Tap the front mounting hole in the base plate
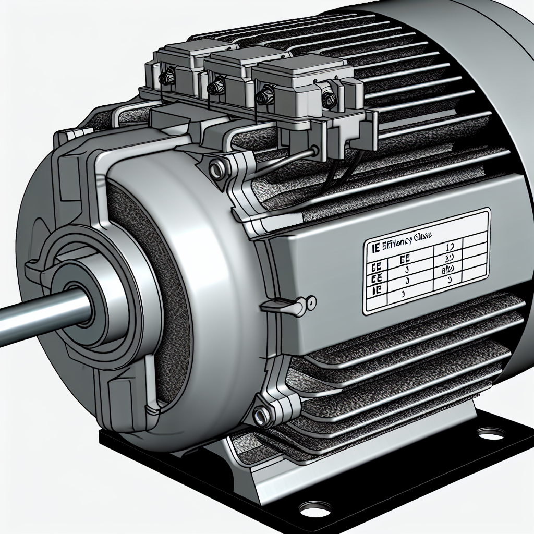pos(315,507)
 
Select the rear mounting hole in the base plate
pos(491,432)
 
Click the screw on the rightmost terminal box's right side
pos(329,99)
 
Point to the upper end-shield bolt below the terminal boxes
pos(214,168)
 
